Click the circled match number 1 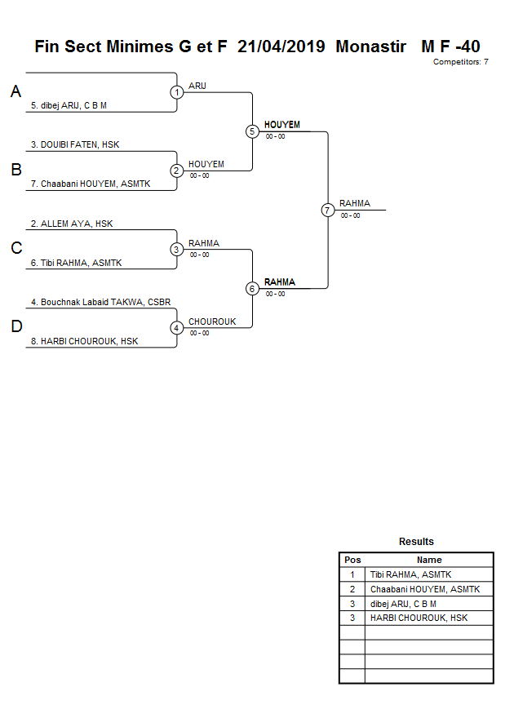177,92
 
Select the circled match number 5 252,131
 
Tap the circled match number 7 328,210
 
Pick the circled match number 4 177,328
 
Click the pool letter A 16,92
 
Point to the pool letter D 16,327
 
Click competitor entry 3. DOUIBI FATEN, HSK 75,144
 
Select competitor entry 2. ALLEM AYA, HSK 72,224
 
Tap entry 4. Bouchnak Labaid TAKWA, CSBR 100,302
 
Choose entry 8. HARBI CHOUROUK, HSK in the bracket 84,342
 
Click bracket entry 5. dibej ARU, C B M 69,105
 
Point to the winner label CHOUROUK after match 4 212,321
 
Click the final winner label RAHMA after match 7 355,203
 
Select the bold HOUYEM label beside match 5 282,125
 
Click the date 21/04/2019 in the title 281,47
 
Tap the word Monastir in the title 370,47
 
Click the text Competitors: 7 460,62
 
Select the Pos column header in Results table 352,560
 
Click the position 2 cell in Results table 352,589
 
